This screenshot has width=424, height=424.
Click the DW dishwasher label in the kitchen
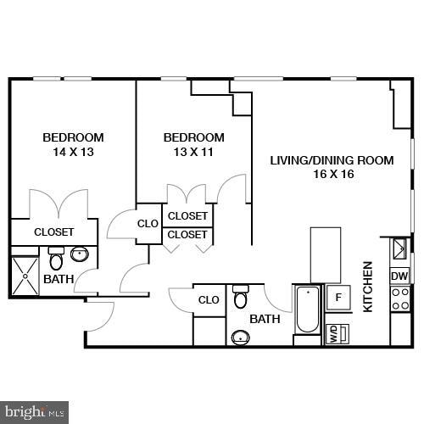[x=399, y=276]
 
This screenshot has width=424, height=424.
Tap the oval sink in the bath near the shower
[x=81, y=253]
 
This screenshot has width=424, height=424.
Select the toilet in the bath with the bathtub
[x=241, y=297]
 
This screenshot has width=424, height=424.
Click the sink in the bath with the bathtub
[x=241, y=338]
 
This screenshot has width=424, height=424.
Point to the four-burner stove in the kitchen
[x=399, y=298]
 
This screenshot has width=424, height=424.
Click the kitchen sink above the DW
[x=399, y=248]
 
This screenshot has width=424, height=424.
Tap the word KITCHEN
[x=369, y=287]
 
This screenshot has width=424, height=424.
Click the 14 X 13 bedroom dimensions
[x=73, y=153]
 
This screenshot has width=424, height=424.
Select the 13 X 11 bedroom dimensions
[x=193, y=153]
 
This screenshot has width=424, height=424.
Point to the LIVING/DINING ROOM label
[x=332, y=160]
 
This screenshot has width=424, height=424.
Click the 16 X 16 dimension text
[x=332, y=175]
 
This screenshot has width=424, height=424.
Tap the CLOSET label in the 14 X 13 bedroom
[x=53, y=232]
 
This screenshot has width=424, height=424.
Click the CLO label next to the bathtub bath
[x=209, y=300]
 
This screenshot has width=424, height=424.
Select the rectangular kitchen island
[x=326, y=254]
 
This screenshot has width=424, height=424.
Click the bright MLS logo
[x=36, y=413]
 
